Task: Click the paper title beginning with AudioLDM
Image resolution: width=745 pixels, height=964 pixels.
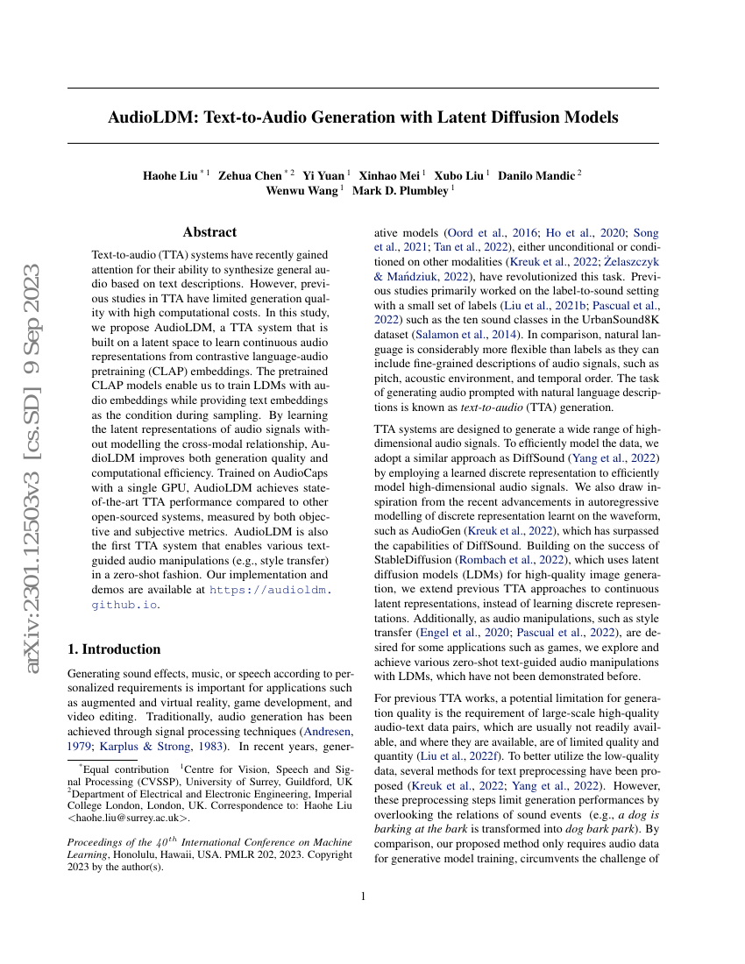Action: tap(363, 117)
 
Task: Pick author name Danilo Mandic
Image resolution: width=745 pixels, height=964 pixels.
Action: tap(536, 175)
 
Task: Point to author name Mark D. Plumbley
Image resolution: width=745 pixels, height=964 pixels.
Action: tap(400, 191)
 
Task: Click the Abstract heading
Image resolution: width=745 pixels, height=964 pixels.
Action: tap(209, 232)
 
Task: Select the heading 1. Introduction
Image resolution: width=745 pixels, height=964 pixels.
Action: tap(114, 649)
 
